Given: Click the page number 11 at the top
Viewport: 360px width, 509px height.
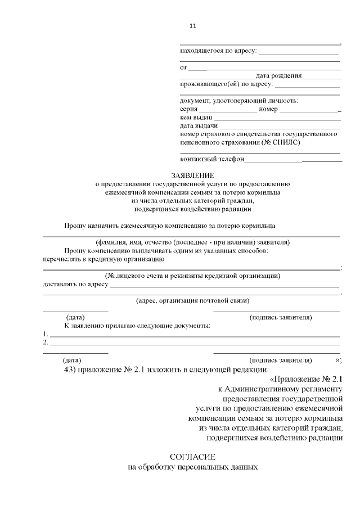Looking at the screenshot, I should (x=192, y=26).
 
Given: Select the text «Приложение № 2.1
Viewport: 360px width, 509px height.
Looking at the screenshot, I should (x=307, y=379).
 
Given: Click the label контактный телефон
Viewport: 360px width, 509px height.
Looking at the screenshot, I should (x=212, y=159).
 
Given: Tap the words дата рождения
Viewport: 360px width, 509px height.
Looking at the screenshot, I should (x=278, y=75).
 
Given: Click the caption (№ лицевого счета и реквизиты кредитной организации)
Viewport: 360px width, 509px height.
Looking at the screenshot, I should (x=192, y=276).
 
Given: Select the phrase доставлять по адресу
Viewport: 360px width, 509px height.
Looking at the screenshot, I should (x=75, y=285).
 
